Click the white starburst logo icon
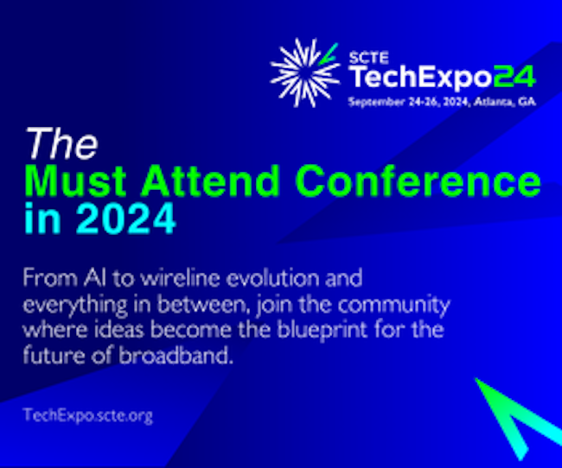[305, 73]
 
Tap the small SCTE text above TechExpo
[369, 57]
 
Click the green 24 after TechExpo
[514, 77]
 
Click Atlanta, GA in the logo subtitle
[505, 102]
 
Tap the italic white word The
[61, 143]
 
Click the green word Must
[75, 180]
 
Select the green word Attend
[210, 180]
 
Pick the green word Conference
[418, 180]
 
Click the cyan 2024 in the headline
[125, 218]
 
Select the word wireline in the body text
[181, 278]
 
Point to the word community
[393, 305]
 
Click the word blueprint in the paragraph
[323, 330]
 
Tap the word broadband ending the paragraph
[174, 356]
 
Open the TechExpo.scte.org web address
[88, 415]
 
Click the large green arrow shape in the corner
[520, 417]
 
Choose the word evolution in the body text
[272, 278]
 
